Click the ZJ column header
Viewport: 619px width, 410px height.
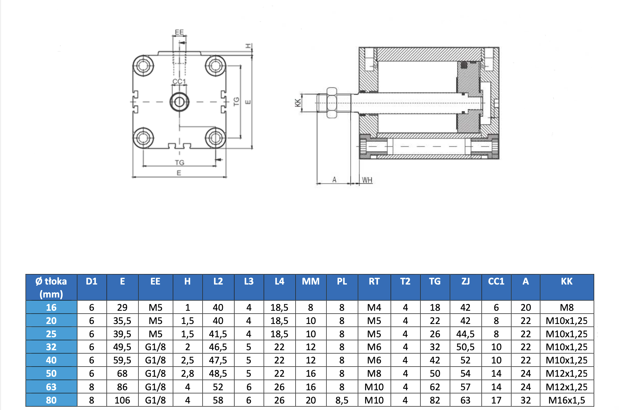tap(465, 282)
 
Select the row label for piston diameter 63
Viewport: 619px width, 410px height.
tap(51, 387)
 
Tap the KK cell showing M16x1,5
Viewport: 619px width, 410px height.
tap(567, 400)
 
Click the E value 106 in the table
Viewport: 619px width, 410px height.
tap(122, 400)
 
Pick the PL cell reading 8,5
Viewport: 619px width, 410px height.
tap(342, 400)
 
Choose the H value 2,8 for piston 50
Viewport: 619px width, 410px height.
tap(187, 373)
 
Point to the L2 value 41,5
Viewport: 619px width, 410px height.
tap(218, 334)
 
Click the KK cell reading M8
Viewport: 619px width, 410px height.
tap(567, 307)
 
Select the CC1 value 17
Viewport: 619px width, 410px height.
tap(496, 400)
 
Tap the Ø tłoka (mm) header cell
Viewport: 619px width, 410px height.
tap(51, 287)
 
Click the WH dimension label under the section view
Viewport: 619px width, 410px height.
tap(367, 180)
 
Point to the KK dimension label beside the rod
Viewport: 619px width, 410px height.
tap(298, 103)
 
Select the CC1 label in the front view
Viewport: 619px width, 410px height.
tap(179, 81)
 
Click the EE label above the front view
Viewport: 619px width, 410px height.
tap(179, 32)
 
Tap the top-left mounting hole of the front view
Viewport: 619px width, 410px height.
tap(143, 66)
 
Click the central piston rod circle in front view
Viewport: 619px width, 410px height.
tap(180, 102)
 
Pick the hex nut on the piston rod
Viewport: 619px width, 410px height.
tap(332, 103)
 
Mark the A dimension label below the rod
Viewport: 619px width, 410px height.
tap(334, 180)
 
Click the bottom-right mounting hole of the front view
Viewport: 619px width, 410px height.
tap(215, 138)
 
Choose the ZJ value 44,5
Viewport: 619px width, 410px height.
tap(465, 334)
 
